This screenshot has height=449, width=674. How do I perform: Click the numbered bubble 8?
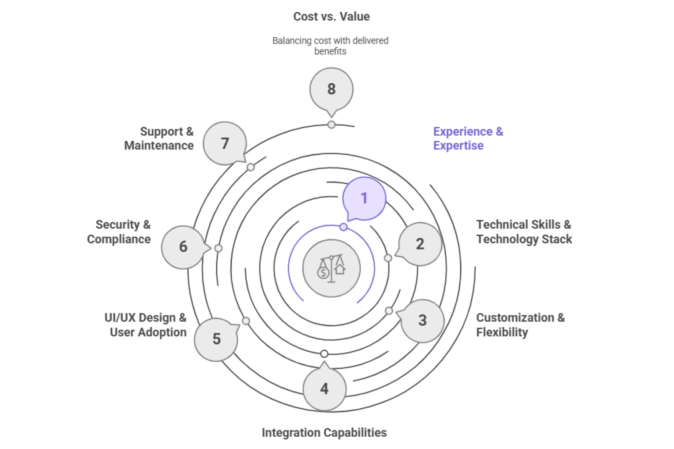click(331, 89)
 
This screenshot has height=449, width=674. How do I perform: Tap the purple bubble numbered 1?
click(364, 198)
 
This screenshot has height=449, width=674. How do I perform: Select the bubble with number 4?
click(324, 389)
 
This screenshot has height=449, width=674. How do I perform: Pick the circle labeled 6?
click(183, 247)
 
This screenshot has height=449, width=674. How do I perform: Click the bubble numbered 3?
click(422, 321)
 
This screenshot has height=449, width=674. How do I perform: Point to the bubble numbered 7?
click(225, 143)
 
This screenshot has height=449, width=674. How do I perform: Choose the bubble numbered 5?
click(216, 339)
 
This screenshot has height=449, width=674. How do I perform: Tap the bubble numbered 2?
click(420, 244)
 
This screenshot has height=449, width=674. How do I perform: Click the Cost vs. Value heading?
click(331, 17)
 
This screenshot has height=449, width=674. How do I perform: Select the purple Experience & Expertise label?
click(468, 139)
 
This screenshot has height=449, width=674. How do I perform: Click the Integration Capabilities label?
click(324, 433)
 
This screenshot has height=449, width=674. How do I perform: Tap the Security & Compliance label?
click(119, 232)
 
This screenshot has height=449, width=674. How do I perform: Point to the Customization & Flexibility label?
click(520, 325)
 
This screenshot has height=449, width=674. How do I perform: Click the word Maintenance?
click(159, 146)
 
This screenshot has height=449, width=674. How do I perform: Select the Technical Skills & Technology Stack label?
click(524, 232)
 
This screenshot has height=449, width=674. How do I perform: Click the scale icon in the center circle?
click(331, 268)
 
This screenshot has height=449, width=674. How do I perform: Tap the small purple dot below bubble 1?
click(344, 227)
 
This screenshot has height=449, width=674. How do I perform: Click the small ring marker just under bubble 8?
click(331, 125)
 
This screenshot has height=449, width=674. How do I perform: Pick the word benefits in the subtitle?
click(330, 52)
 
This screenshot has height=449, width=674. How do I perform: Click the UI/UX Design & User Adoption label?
click(146, 325)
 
